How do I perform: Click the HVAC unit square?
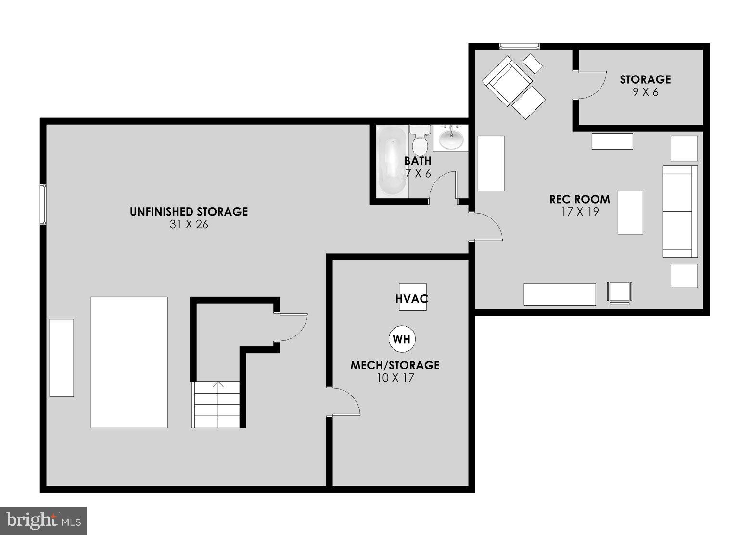click(412, 297)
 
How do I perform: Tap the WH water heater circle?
click(402, 339)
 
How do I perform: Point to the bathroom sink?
click(451, 138)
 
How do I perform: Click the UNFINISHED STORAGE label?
click(189, 212)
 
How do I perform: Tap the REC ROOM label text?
click(579, 199)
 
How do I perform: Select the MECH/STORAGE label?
click(395, 365)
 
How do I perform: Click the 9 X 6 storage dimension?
click(645, 92)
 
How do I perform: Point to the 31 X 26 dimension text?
click(189, 224)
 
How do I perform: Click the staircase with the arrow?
click(217, 404)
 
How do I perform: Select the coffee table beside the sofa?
click(630, 212)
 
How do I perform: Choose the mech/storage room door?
click(344, 401)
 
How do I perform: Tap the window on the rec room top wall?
click(519, 46)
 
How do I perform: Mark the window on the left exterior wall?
click(43, 204)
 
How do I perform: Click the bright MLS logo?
click(43, 521)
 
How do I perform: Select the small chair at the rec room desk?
click(619, 293)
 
